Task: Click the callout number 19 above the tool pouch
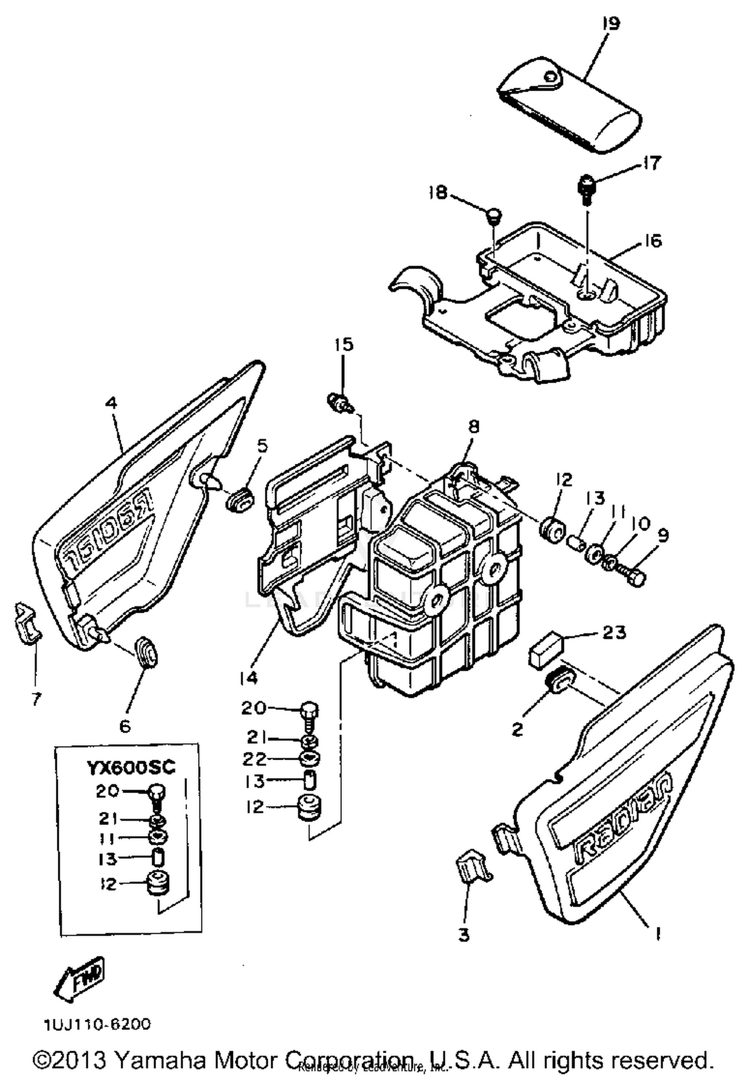(611, 24)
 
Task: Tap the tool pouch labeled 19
(568, 107)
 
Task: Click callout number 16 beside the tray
(652, 241)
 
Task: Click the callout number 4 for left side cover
(111, 403)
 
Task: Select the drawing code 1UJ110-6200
(97, 1025)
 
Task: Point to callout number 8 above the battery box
(473, 426)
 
